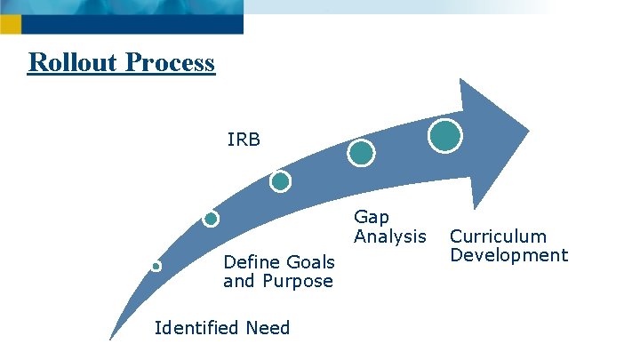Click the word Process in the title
pos(170,63)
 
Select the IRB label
pos(244,140)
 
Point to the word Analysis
pos(390,236)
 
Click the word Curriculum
pos(498,236)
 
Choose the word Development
pos(508,255)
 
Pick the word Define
pos(252,262)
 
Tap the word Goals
pos(310,262)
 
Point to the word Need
pos(269,328)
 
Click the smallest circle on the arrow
pos(156,266)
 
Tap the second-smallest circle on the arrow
pos(211,219)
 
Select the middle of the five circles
pos(280,181)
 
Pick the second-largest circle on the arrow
pos(361,153)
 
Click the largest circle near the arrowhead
pos(445,135)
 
